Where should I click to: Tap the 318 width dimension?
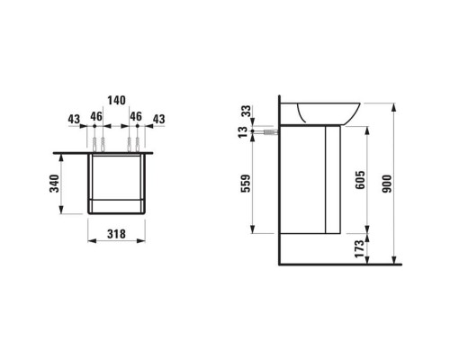click(114, 235)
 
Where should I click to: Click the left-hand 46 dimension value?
click(94, 119)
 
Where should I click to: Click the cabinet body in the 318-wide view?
click(114, 184)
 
